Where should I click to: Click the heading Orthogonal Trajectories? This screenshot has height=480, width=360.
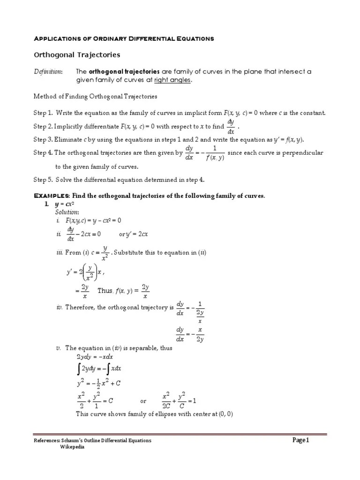point(77,55)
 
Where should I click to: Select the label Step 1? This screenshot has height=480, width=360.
point(43,113)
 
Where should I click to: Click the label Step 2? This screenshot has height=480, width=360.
point(43,127)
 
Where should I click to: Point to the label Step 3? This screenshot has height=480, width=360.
point(43,139)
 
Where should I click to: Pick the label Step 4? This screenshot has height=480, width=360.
point(43,153)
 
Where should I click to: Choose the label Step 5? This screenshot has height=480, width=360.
point(43,180)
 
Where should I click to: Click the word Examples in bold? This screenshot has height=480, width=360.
point(52,195)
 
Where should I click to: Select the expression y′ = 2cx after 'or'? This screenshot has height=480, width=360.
point(136,234)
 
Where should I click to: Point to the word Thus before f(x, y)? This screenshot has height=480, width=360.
point(105,291)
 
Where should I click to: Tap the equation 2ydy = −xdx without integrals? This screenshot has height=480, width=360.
point(95,357)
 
